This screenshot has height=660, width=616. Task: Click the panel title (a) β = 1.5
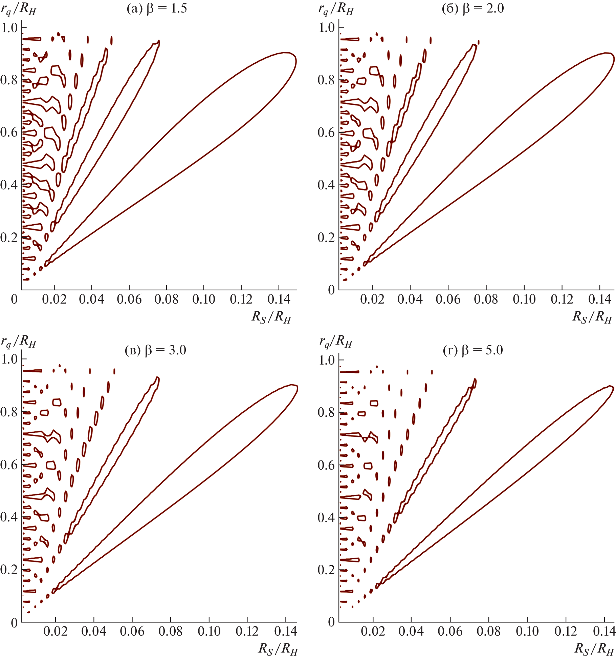pos(157,8)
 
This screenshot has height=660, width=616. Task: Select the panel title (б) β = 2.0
pos(473,8)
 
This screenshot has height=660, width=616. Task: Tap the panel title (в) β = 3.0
pos(156,350)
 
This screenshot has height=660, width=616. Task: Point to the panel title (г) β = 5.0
pos(473,350)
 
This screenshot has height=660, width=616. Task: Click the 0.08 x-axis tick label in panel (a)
pos(166,300)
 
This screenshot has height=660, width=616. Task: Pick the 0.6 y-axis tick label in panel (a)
pos(9,132)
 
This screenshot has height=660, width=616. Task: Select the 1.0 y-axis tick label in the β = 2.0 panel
pos(327,27)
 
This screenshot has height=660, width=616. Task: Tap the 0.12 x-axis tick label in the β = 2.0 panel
pos(562,300)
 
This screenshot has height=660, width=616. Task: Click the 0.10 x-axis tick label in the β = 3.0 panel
pos(209,631)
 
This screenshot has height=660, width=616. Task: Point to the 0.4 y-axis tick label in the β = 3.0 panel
pos(9,517)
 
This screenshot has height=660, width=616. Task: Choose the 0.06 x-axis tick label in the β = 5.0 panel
pos(450,631)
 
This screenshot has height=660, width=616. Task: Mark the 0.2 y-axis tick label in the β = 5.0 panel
pos(327,570)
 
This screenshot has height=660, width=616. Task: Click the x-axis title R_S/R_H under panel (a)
pos(271,317)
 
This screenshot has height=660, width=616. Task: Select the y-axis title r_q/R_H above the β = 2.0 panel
pos(336,9)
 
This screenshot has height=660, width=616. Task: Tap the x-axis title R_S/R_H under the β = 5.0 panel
pos(594,648)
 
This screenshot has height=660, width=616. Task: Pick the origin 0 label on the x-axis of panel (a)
pos(14,300)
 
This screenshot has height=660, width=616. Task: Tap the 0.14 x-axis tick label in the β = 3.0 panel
pos(285,631)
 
